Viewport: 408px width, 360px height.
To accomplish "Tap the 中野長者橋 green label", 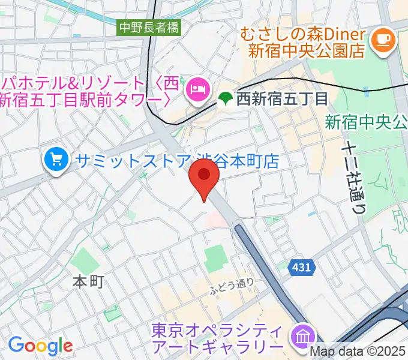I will tap(149, 27).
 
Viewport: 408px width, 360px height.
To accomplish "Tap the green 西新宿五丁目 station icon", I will tap(226, 97).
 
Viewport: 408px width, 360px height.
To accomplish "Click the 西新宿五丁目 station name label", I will tap(274, 97).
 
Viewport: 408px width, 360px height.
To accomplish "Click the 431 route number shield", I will tap(302, 267).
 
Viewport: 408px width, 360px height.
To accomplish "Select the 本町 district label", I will tap(88, 280).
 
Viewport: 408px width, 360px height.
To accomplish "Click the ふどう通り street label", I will tap(232, 287).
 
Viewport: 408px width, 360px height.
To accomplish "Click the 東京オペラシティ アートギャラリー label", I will tap(217, 338).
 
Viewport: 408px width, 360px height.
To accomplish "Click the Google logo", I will tap(40, 345).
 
